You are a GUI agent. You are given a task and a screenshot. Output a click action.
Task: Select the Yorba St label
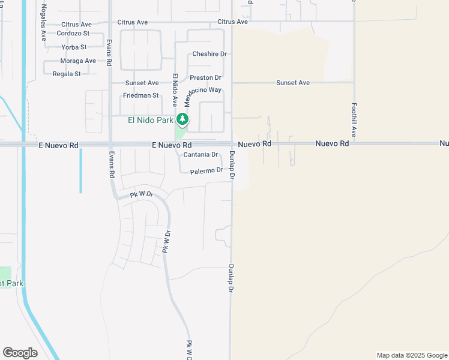(74, 47)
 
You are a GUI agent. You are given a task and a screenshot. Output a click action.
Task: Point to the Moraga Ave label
(78, 61)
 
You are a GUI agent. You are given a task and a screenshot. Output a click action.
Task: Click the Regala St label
(67, 74)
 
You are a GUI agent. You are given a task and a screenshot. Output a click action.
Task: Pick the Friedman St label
(140, 95)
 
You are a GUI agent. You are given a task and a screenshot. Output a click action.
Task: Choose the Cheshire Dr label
(209, 54)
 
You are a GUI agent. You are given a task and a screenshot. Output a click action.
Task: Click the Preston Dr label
(206, 78)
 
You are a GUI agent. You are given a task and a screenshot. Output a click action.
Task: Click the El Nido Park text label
(149, 119)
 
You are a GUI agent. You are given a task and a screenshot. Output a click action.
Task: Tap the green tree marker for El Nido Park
(182, 119)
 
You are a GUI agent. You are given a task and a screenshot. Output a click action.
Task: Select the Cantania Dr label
(200, 155)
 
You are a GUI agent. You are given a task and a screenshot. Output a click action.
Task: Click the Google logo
(20, 353)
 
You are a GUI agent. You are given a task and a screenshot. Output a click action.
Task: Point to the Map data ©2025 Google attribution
(412, 355)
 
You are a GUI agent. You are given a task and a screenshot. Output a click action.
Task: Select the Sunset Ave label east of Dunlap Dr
(293, 83)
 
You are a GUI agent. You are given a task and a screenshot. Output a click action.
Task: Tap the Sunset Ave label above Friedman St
(142, 83)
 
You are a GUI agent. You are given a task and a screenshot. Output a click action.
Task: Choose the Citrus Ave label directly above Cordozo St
(76, 24)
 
